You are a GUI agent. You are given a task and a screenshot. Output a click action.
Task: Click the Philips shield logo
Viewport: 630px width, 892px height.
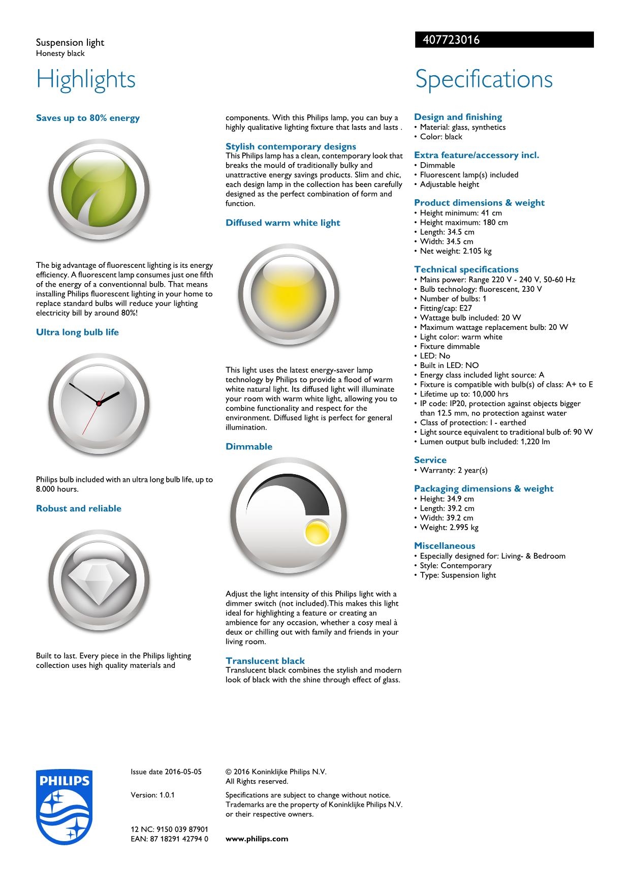click(x=65, y=806)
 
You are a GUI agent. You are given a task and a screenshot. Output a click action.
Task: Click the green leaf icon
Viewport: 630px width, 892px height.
click(x=99, y=190)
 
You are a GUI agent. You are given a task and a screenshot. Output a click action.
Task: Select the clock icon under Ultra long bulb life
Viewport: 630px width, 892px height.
click(x=99, y=403)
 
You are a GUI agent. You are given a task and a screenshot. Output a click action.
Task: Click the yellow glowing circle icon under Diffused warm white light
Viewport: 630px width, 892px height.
click(x=289, y=294)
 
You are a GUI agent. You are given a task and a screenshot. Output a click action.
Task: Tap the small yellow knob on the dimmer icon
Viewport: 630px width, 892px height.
click(x=316, y=532)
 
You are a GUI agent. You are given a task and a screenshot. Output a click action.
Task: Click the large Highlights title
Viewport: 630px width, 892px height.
click(x=86, y=79)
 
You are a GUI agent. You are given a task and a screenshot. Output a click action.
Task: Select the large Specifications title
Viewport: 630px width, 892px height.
click(x=484, y=79)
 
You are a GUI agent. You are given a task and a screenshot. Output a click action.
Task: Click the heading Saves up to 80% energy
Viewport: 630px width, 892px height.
click(x=88, y=118)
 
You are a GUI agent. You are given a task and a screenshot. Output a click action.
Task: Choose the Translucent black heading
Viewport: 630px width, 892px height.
click(x=265, y=661)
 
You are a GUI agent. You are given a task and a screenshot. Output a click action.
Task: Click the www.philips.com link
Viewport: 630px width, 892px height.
click(x=257, y=839)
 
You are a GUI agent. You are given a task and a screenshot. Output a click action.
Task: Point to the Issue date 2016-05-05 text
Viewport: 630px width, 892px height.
click(x=166, y=772)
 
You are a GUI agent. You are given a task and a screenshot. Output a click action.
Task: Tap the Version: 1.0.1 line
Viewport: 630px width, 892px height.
click(x=152, y=795)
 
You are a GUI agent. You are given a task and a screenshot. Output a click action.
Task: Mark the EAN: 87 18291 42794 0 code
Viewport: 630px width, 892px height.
click(x=169, y=839)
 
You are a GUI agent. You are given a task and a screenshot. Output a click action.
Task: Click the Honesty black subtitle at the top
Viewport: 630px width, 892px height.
click(x=60, y=53)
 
